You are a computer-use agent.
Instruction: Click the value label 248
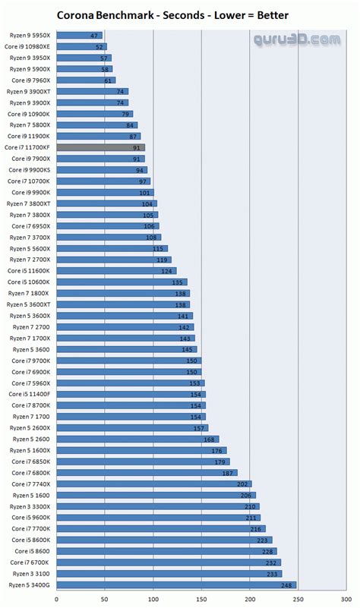286,584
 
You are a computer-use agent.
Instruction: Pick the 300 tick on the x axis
346,598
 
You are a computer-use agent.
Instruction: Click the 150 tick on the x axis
201,598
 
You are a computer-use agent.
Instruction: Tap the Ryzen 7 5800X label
30,125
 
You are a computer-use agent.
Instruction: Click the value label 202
243,484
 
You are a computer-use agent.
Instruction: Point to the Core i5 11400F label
30,394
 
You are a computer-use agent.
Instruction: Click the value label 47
94,36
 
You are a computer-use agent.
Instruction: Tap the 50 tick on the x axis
105,598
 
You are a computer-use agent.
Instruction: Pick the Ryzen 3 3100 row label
30,573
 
